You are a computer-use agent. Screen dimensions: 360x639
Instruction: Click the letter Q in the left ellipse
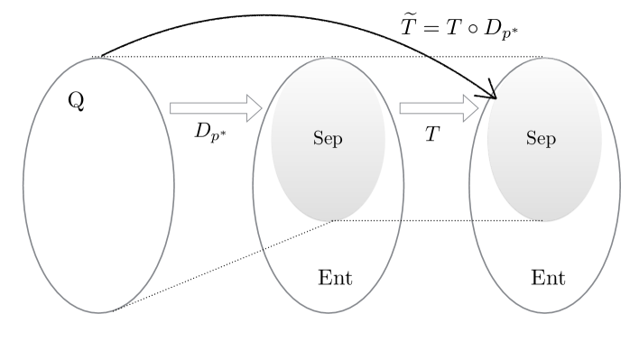[77, 100]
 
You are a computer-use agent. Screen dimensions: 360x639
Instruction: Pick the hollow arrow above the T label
[438, 108]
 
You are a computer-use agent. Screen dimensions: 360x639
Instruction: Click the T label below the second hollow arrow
[432, 131]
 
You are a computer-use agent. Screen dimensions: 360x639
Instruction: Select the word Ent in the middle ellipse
[336, 276]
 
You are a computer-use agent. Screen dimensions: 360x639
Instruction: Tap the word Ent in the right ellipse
[548, 276]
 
